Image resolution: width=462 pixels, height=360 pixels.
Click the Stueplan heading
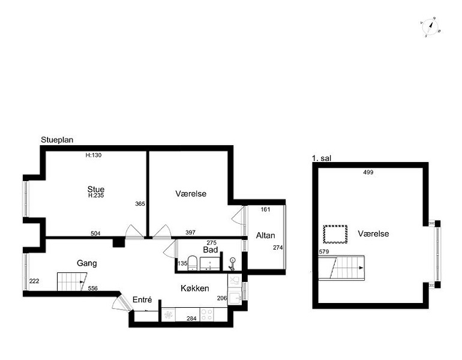(x=56, y=140)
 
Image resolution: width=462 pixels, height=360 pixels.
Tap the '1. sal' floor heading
(x=322, y=158)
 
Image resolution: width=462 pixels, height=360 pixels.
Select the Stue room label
(x=96, y=189)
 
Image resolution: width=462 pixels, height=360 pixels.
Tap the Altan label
(x=265, y=235)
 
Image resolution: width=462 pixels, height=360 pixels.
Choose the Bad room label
(x=209, y=249)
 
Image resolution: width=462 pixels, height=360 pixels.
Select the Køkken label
(x=195, y=289)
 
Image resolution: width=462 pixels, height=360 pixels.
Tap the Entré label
(x=142, y=300)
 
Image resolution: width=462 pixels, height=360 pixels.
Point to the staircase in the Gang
(x=72, y=281)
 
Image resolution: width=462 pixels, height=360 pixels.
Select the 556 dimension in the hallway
(x=93, y=289)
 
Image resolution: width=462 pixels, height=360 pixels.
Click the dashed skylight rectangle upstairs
(x=335, y=234)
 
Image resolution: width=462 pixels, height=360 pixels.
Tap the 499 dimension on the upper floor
(x=368, y=173)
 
